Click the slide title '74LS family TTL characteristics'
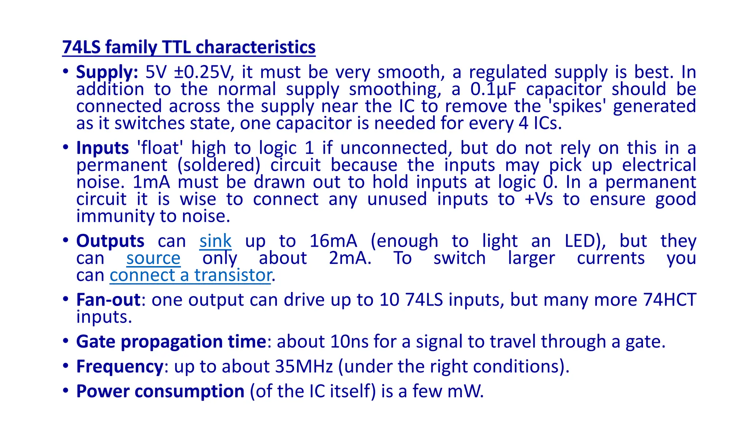click(189, 48)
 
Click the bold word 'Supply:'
click(107, 72)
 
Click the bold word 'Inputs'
click(102, 148)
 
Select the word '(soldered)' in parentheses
click(219, 166)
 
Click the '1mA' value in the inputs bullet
click(151, 182)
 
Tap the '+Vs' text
click(538, 200)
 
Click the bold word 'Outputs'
click(110, 241)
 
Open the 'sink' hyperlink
click(215, 241)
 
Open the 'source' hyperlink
click(153, 258)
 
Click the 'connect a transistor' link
click(191, 276)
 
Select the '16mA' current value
click(333, 241)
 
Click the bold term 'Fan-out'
click(108, 300)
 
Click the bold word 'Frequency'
click(120, 367)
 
